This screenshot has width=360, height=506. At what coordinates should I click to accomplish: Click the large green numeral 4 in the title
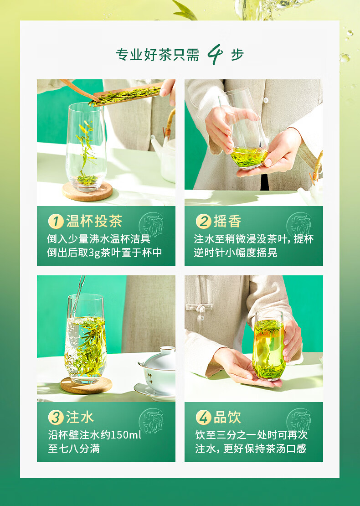click(x=215, y=54)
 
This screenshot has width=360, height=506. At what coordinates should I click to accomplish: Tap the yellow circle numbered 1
click(x=56, y=222)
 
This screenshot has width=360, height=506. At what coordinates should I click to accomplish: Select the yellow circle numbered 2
click(x=204, y=222)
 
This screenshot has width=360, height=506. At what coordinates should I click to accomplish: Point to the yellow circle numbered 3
click(x=56, y=417)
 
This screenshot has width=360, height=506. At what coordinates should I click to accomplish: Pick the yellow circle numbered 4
click(x=204, y=417)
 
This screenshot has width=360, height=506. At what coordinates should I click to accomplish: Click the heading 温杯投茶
click(x=94, y=222)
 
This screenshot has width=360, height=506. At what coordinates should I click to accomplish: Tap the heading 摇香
click(x=227, y=222)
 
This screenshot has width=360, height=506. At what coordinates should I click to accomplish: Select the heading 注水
click(x=80, y=417)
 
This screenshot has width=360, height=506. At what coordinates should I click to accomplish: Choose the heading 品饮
click(x=227, y=417)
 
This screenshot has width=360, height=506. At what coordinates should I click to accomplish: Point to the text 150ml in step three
click(x=126, y=435)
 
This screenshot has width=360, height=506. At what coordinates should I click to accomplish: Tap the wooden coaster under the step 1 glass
click(x=87, y=191)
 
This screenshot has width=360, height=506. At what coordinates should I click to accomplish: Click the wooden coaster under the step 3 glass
click(x=86, y=385)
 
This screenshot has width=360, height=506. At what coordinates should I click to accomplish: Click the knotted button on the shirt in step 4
click(x=199, y=308)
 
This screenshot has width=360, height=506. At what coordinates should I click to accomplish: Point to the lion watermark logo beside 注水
click(x=151, y=421)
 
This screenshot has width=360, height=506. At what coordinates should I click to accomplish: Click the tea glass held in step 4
click(x=268, y=345)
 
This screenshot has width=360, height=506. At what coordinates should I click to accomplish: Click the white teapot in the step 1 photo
click(x=165, y=155)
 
